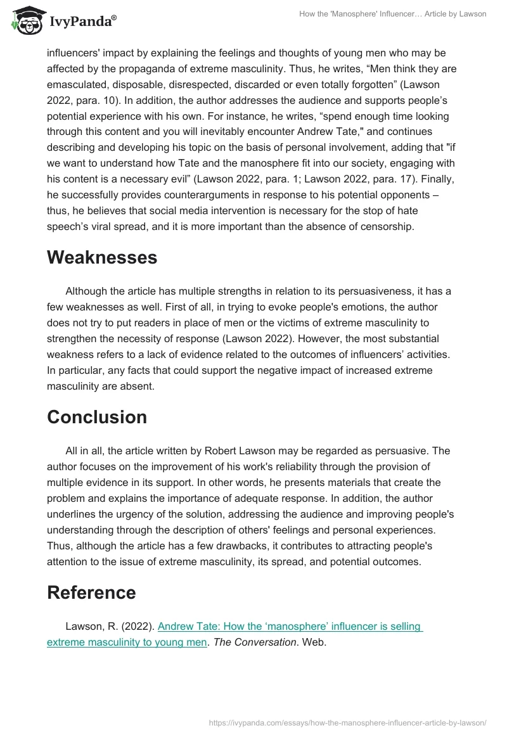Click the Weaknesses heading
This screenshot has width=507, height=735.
click(x=102, y=257)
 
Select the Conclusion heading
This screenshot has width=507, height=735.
click(x=97, y=417)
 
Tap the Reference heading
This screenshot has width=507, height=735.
click(x=91, y=592)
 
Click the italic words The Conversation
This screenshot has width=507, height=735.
click(x=264, y=642)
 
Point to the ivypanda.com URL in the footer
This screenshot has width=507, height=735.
click(x=347, y=722)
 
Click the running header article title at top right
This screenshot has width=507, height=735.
click(x=392, y=14)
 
